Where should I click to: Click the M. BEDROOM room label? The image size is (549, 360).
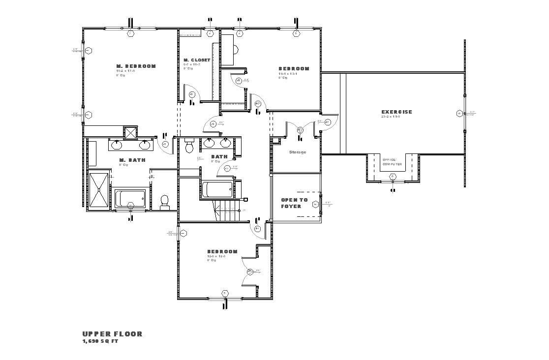[x=136, y=66]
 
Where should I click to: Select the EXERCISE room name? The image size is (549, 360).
[x=396, y=112]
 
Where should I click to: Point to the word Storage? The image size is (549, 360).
[x=297, y=152]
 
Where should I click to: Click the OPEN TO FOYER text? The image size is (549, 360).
[x=294, y=203]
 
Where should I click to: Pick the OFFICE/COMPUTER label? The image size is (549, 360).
[x=392, y=162]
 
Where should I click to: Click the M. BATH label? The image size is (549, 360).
[x=132, y=160]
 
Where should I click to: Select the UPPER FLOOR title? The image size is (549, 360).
[x=112, y=334]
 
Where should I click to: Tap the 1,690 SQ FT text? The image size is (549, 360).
[x=100, y=341]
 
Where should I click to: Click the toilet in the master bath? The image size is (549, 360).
[x=165, y=202]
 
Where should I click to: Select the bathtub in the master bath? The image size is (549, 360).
[x=130, y=199]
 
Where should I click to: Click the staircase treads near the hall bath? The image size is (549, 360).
[x=228, y=211]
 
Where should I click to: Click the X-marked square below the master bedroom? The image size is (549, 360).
[x=131, y=132]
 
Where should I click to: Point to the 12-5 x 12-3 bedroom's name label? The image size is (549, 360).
[x=222, y=251]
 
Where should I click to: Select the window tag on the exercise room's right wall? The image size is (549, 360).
[x=460, y=114]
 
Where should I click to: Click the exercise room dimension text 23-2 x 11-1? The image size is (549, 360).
[x=390, y=117]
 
